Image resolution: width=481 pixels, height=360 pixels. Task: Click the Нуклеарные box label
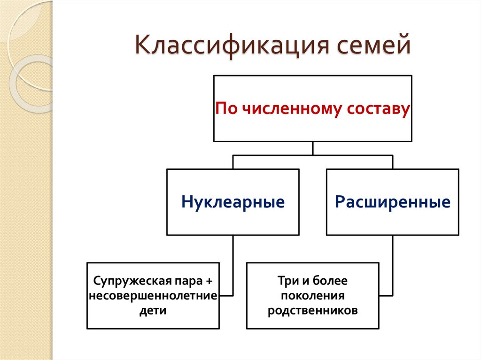(233, 202)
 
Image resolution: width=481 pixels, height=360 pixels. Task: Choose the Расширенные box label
(393, 202)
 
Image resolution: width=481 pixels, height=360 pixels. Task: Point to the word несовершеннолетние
(153, 296)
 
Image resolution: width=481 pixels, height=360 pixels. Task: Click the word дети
(153, 310)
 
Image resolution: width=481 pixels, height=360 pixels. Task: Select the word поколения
(312, 296)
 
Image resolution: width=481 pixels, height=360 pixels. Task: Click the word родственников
(312, 310)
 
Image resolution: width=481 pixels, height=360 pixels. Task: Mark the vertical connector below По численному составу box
(313, 148)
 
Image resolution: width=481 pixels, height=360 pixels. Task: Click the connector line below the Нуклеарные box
(233, 265)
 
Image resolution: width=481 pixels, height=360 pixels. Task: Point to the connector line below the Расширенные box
(393, 265)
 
